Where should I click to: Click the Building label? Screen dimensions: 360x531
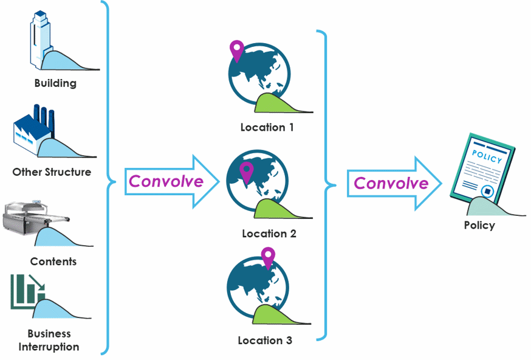[55, 83]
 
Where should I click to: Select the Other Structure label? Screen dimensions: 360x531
[52, 172]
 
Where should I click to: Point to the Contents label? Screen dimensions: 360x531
[53, 261]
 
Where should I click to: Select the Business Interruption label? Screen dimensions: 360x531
[49, 341]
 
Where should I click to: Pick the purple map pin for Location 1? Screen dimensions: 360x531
[236, 50]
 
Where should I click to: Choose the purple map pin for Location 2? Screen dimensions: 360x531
[246, 171]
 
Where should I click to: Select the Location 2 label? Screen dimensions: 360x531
[269, 234]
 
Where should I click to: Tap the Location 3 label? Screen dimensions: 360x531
[265, 341]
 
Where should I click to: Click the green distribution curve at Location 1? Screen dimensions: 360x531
[276, 103]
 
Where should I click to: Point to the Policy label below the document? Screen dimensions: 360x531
[479, 226]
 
